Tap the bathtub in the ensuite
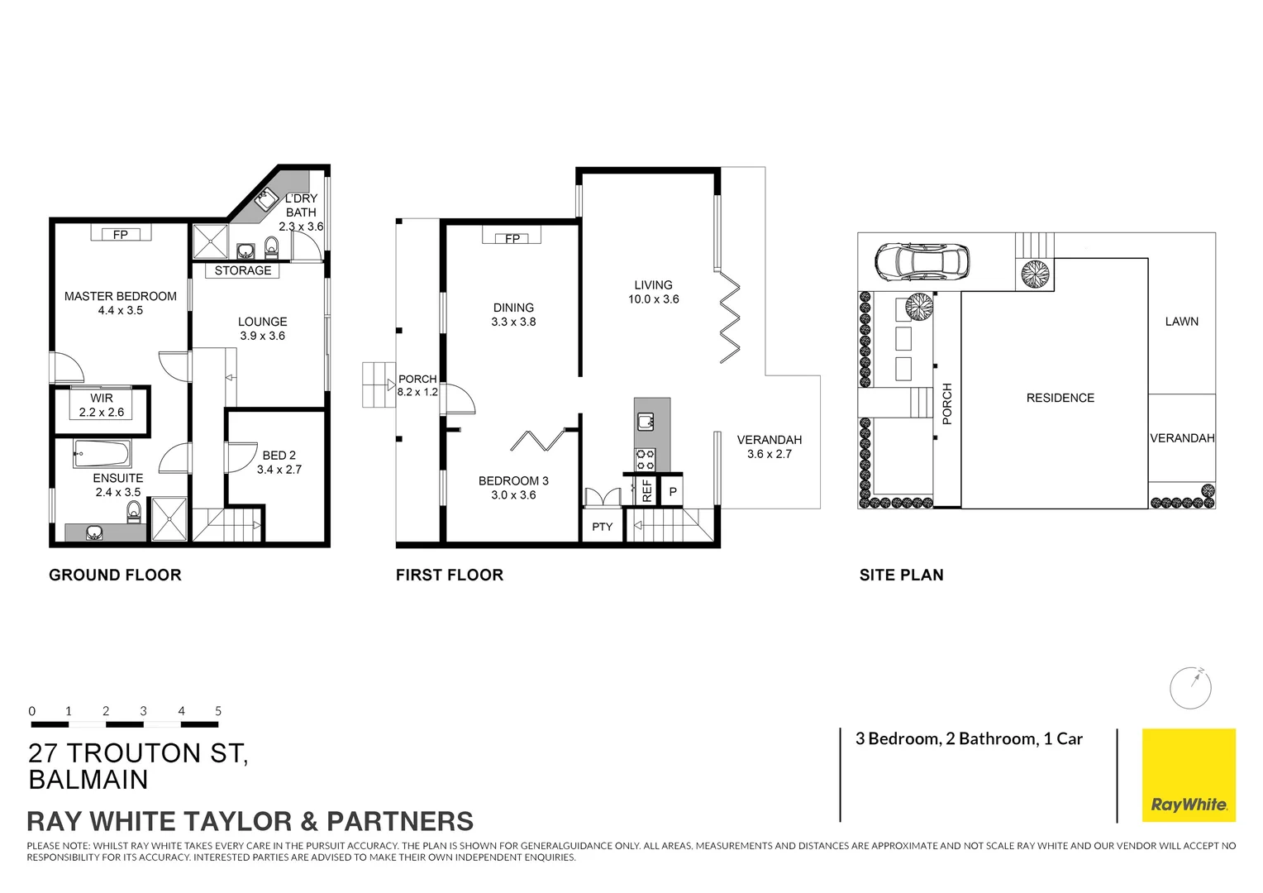click(102, 454)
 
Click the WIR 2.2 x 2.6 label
click(102, 405)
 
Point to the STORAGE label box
click(242, 270)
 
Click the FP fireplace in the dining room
click(512, 238)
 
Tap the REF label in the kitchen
click(647, 491)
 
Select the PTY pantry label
click(603, 527)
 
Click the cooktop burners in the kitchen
click(645, 460)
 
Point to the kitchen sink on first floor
click(646, 422)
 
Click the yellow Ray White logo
click(1189, 775)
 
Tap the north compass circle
click(1191, 688)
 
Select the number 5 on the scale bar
click(218, 711)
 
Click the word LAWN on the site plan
click(1181, 322)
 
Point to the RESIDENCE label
click(1060, 398)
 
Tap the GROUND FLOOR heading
click(115, 575)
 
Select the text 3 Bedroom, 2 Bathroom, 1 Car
click(969, 739)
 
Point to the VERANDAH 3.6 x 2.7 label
click(770, 446)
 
